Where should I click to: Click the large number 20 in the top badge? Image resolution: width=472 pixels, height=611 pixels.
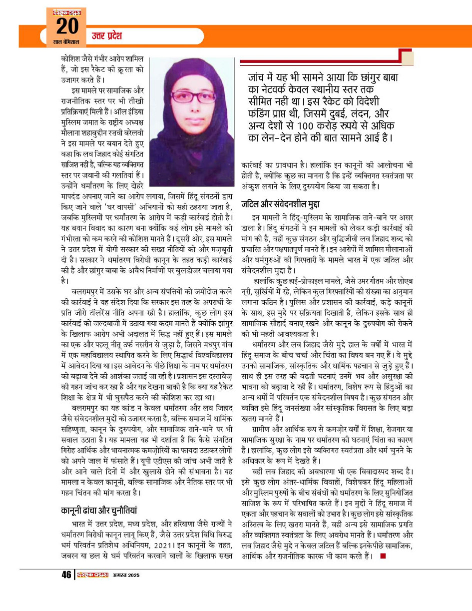(66, 26)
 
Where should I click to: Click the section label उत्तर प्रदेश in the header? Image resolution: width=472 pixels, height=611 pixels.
(106, 36)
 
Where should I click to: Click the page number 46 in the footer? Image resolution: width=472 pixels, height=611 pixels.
(66, 575)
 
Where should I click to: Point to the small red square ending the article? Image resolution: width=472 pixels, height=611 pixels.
(383, 556)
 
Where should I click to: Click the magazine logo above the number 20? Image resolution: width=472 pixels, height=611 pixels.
(66, 11)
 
